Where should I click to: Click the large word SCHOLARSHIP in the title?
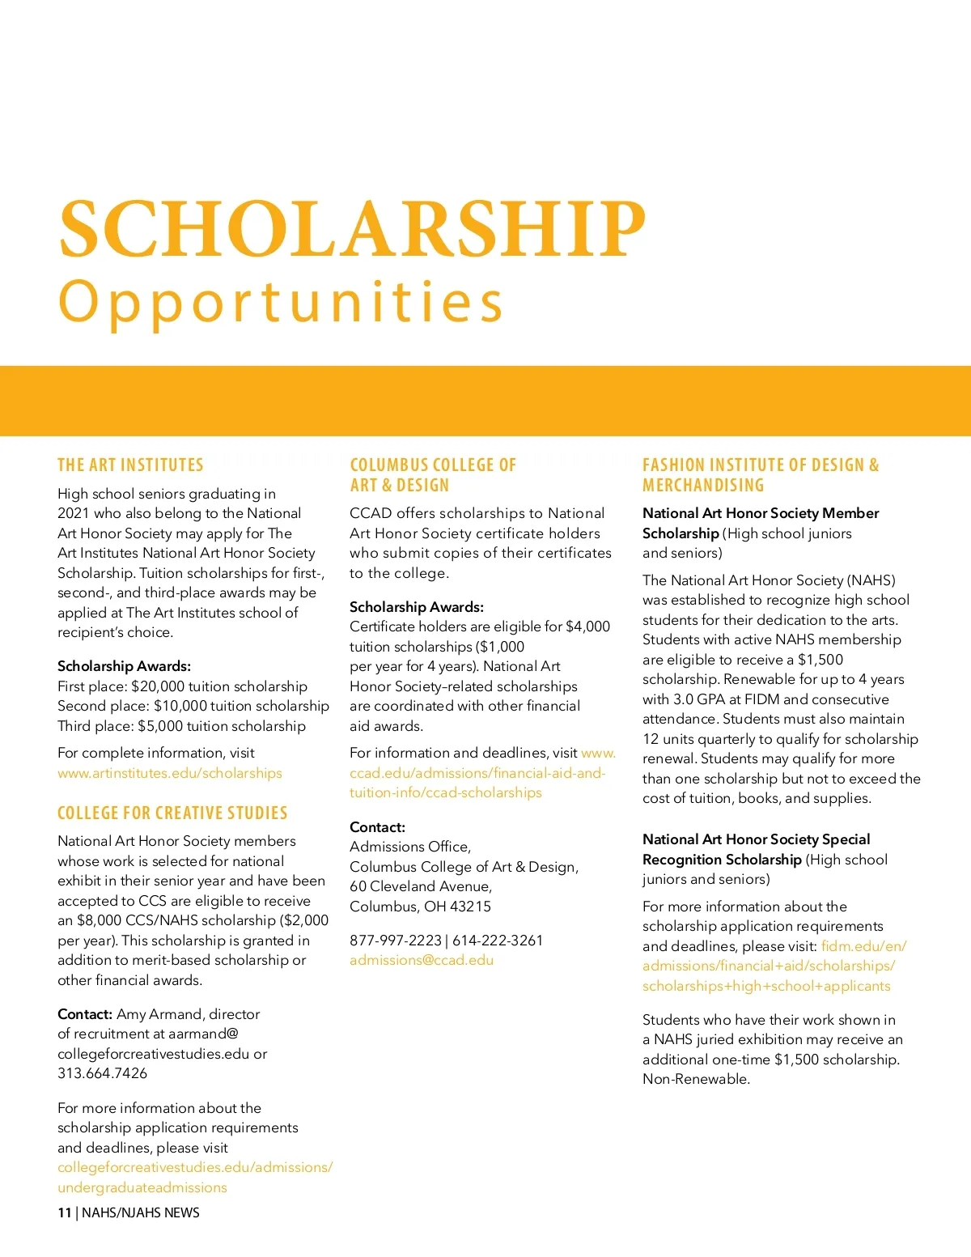click(352, 228)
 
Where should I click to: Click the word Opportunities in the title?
click(281, 303)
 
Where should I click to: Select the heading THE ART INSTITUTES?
click(130, 465)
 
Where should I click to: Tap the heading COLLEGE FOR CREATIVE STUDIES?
click(172, 813)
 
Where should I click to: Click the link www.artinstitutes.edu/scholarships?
click(170, 773)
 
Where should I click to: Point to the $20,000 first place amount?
click(158, 686)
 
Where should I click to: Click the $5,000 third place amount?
click(160, 726)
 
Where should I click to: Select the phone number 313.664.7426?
click(103, 1073)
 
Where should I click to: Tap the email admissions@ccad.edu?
click(422, 960)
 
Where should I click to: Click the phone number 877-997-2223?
click(396, 941)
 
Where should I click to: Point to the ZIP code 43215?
click(470, 907)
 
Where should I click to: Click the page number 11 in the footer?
click(64, 1212)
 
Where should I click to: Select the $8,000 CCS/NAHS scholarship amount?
click(96, 920)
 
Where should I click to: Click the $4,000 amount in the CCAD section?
click(587, 626)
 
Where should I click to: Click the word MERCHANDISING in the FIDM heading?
click(703, 486)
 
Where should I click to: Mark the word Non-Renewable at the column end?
click(695, 1079)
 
